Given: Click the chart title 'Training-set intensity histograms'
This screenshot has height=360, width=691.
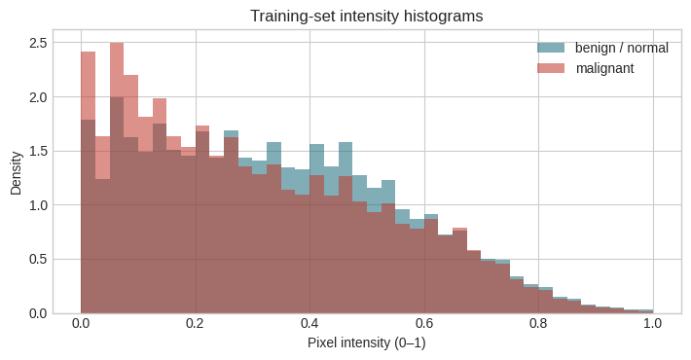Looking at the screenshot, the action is [367, 17].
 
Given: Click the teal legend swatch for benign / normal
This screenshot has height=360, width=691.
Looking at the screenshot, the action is [551, 48].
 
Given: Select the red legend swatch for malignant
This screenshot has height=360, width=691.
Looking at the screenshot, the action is [551, 68].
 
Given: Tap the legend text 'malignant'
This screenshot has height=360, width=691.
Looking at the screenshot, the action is [604, 68].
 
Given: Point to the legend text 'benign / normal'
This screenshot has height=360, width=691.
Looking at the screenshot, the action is [621, 48].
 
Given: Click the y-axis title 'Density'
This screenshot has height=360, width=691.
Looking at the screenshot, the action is [17, 173].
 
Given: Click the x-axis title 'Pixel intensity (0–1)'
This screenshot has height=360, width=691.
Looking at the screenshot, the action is [367, 342].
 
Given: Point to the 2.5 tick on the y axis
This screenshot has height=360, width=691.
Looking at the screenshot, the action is [38, 43].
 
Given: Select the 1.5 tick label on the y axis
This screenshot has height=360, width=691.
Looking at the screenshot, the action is [38, 151].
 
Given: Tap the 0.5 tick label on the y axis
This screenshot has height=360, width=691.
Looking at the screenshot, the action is [38, 259].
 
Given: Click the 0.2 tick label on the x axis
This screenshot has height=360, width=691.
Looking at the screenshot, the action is [196, 323].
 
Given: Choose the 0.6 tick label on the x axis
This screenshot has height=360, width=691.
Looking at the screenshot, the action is [424, 323].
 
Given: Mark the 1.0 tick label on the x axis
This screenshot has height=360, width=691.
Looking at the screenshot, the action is [653, 323].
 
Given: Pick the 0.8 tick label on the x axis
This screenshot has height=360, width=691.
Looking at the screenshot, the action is [538, 323].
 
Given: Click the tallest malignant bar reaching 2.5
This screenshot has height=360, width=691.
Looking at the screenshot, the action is [117, 178].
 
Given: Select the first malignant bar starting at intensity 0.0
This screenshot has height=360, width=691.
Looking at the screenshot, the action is [89, 182].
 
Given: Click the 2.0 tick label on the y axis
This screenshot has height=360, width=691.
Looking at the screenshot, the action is [38, 97].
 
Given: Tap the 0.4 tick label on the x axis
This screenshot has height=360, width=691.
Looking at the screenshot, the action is [309, 323].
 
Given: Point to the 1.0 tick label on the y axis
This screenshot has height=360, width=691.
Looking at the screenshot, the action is [38, 205].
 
